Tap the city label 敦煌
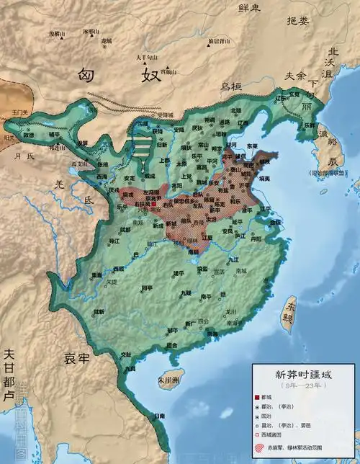(27, 135)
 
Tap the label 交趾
(127, 354)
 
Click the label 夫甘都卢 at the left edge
(8, 375)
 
